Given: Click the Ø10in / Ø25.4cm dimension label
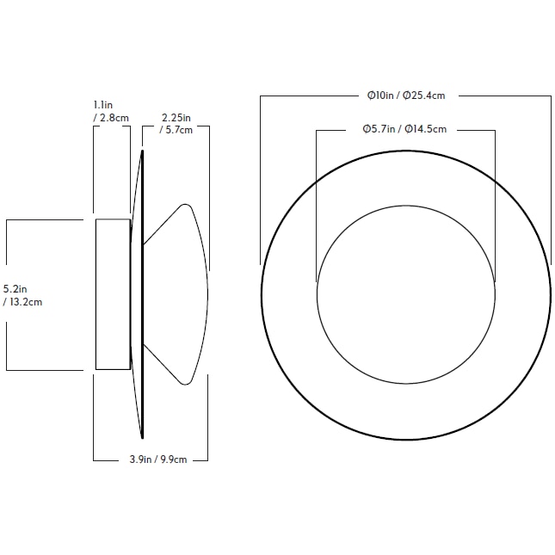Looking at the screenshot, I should (x=405, y=96).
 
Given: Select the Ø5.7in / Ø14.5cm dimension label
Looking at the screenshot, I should (x=404, y=129).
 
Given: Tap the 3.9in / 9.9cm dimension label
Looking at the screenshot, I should (x=151, y=459).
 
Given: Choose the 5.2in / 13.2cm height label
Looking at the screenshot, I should (x=22, y=295).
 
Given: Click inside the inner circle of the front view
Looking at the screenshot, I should (x=405, y=294).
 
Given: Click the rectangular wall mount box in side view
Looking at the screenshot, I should (x=112, y=294).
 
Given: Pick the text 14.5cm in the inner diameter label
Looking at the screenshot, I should (x=425, y=129).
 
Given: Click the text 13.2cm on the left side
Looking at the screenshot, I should (x=27, y=302).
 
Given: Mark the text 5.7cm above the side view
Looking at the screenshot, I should (x=178, y=130).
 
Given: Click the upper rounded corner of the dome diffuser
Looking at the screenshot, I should (x=184, y=206).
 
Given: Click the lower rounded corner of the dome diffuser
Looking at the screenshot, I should (x=184, y=382).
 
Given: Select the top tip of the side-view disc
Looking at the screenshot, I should (x=141, y=152).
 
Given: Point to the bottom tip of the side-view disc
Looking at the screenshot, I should (x=141, y=437).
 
